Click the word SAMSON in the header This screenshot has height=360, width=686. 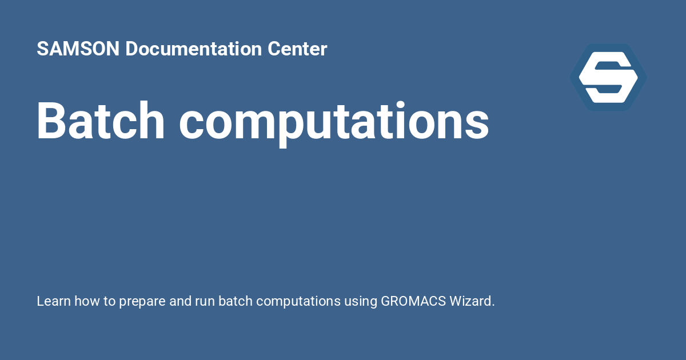78,49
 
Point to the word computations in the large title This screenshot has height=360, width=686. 334,121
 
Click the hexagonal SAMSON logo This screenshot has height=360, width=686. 608,77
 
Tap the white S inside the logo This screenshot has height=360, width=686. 608,77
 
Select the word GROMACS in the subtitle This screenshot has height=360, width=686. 409,301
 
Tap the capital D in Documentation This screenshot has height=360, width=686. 131,49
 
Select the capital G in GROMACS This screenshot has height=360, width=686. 386,301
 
